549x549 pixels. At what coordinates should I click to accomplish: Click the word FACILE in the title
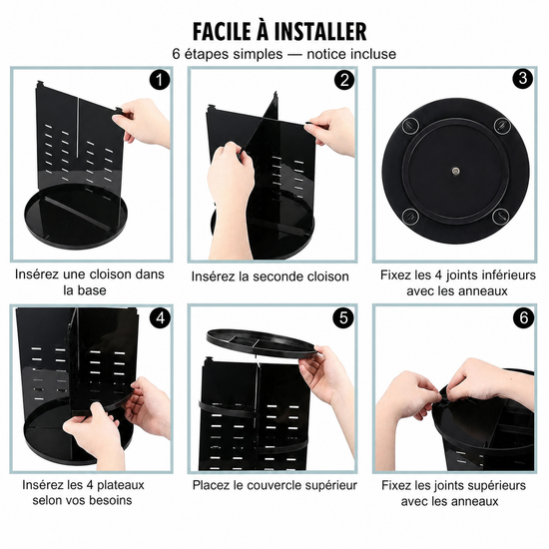(222, 32)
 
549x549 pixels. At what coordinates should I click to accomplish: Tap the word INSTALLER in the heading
(320, 32)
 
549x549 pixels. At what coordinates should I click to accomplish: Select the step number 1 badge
(160, 80)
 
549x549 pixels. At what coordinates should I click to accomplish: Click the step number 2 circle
(344, 80)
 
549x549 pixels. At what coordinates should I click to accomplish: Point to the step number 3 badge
(523, 78)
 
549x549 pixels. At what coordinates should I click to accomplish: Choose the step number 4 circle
(160, 318)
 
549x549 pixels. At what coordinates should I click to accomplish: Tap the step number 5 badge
(343, 317)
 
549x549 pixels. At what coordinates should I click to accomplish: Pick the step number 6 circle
(524, 317)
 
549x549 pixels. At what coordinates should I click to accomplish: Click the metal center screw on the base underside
(455, 171)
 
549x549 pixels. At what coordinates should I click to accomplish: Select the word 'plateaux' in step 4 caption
(121, 485)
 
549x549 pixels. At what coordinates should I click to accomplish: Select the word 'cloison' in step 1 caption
(112, 274)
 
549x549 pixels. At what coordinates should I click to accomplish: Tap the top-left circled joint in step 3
(410, 126)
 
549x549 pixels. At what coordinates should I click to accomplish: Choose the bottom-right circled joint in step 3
(501, 216)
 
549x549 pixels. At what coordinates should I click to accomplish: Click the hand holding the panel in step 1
(144, 123)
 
